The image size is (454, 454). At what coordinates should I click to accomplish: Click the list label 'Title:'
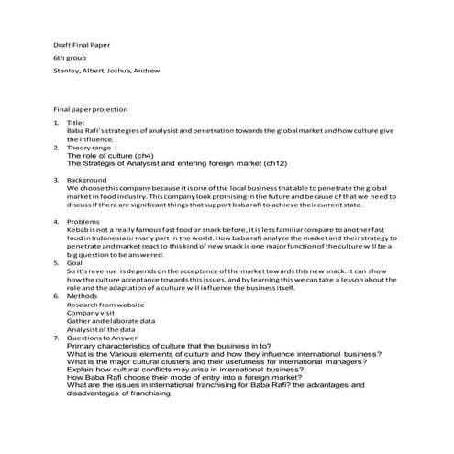coord(76,122)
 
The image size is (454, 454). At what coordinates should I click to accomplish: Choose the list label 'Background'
coord(87,180)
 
